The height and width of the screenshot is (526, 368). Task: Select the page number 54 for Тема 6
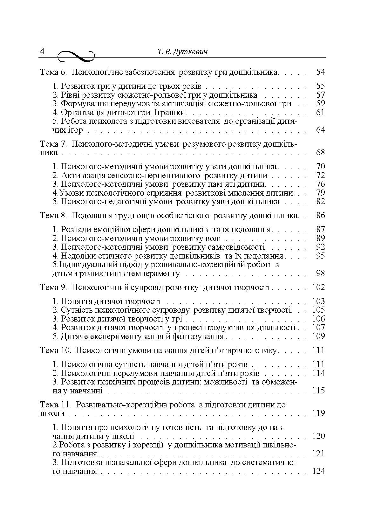[320, 72]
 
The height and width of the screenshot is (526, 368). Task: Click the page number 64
[320, 130]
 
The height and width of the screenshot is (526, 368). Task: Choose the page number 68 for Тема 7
[320, 153]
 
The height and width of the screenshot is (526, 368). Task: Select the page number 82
[320, 202]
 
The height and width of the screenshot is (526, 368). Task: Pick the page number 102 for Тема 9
[318, 287]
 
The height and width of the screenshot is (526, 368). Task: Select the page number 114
[318, 373]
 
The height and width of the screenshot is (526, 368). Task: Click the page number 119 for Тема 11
[318, 413]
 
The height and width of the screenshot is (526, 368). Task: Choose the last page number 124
[318, 471]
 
